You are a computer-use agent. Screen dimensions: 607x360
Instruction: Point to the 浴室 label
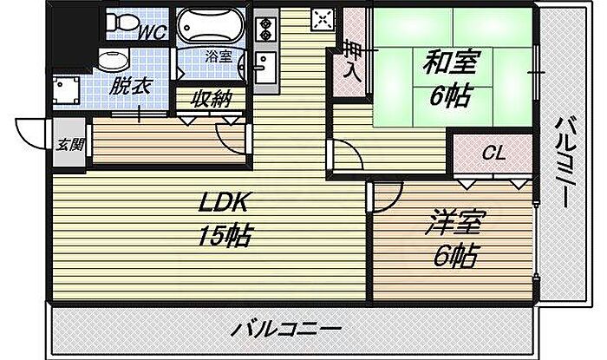pos(219,56)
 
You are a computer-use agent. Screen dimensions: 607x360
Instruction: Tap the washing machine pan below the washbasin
pos(67,90)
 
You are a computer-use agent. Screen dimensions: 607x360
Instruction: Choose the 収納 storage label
pos(211,98)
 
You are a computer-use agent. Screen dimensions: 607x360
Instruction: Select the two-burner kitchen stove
pos(264,27)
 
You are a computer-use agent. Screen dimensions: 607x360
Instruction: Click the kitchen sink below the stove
pos(265,67)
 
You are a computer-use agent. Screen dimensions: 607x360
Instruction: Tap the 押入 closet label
pos(351,59)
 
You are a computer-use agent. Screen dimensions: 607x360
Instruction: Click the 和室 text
pos(448,62)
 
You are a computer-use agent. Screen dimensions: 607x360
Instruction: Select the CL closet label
pos(493,154)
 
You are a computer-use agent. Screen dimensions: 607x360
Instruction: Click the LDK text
pos(225,205)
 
